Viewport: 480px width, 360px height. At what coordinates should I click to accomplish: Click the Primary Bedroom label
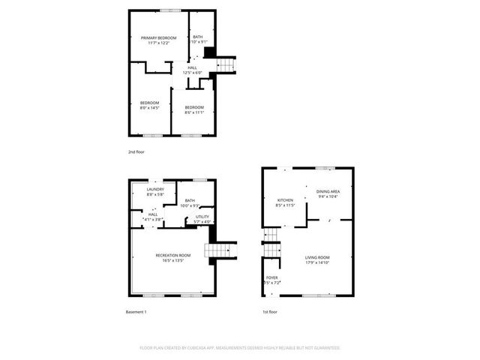159,37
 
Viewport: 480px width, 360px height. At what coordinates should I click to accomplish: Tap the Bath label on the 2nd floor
197,37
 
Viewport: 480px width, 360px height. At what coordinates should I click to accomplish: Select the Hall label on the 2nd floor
193,67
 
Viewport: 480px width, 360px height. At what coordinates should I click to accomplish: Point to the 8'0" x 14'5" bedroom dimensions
151,108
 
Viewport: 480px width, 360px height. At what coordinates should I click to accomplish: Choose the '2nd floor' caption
136,152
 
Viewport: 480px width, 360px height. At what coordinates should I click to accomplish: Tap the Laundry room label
155,189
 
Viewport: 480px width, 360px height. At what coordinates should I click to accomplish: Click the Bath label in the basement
190,200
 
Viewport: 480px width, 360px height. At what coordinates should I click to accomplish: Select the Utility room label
202,216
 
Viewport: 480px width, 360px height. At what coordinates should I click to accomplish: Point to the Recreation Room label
173,255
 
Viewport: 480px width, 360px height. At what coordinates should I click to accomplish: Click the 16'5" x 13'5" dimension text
173,261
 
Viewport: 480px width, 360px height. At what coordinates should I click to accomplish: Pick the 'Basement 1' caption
136,311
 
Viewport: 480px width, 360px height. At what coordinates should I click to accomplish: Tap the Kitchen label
285,200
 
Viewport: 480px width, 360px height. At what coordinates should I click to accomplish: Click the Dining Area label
328,191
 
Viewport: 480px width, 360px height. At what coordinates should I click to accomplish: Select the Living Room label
317,257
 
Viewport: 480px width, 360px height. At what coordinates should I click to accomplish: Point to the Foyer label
271,277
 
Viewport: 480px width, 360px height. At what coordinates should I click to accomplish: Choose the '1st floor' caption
268,311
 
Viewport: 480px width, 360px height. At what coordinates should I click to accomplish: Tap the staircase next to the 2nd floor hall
226,65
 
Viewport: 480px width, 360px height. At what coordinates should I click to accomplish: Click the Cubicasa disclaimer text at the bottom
240,348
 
